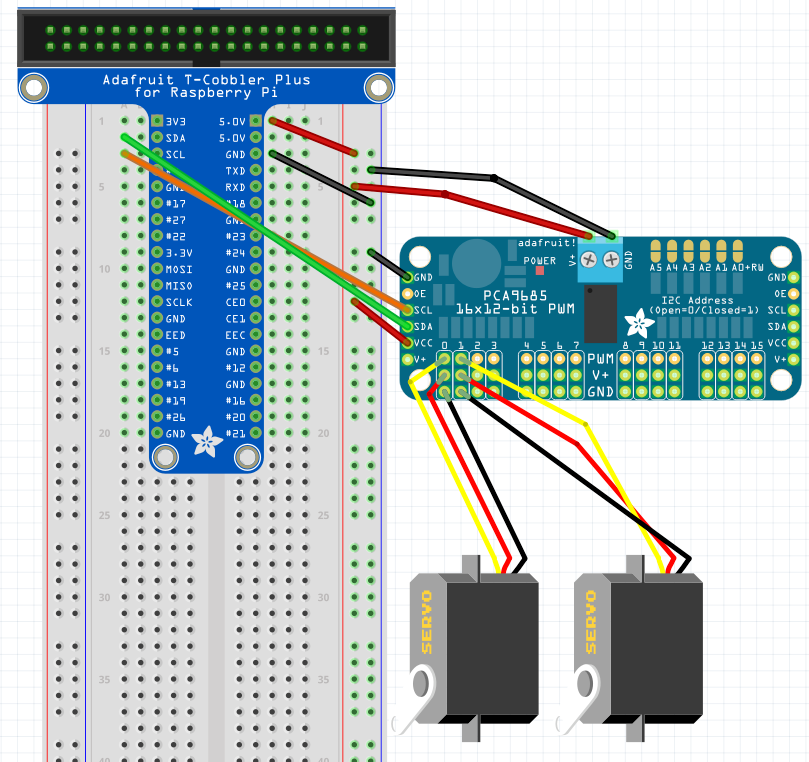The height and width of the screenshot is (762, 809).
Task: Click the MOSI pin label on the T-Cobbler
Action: tap(179, 269)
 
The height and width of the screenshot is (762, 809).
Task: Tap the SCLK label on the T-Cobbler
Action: tap(179, 302)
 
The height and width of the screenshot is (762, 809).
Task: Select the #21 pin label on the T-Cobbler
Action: tap(235, 433)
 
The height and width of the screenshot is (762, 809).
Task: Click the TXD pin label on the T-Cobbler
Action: tap(235, 171)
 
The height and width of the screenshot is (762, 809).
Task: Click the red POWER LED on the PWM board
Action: tap(540, 270)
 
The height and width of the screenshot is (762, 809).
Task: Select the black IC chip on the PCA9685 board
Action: tap(599, 312)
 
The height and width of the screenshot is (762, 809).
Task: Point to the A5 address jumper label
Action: tap(656, 268)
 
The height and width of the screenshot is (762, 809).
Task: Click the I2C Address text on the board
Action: tap(697, 300)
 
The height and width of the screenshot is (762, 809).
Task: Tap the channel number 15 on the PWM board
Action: tap(757, 345)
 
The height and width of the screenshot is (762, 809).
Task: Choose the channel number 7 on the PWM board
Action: tap(575, 345)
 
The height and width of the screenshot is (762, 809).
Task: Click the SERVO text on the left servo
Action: tap(427, 621)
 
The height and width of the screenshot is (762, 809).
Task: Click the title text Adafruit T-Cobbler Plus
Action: tap(206, 80)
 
